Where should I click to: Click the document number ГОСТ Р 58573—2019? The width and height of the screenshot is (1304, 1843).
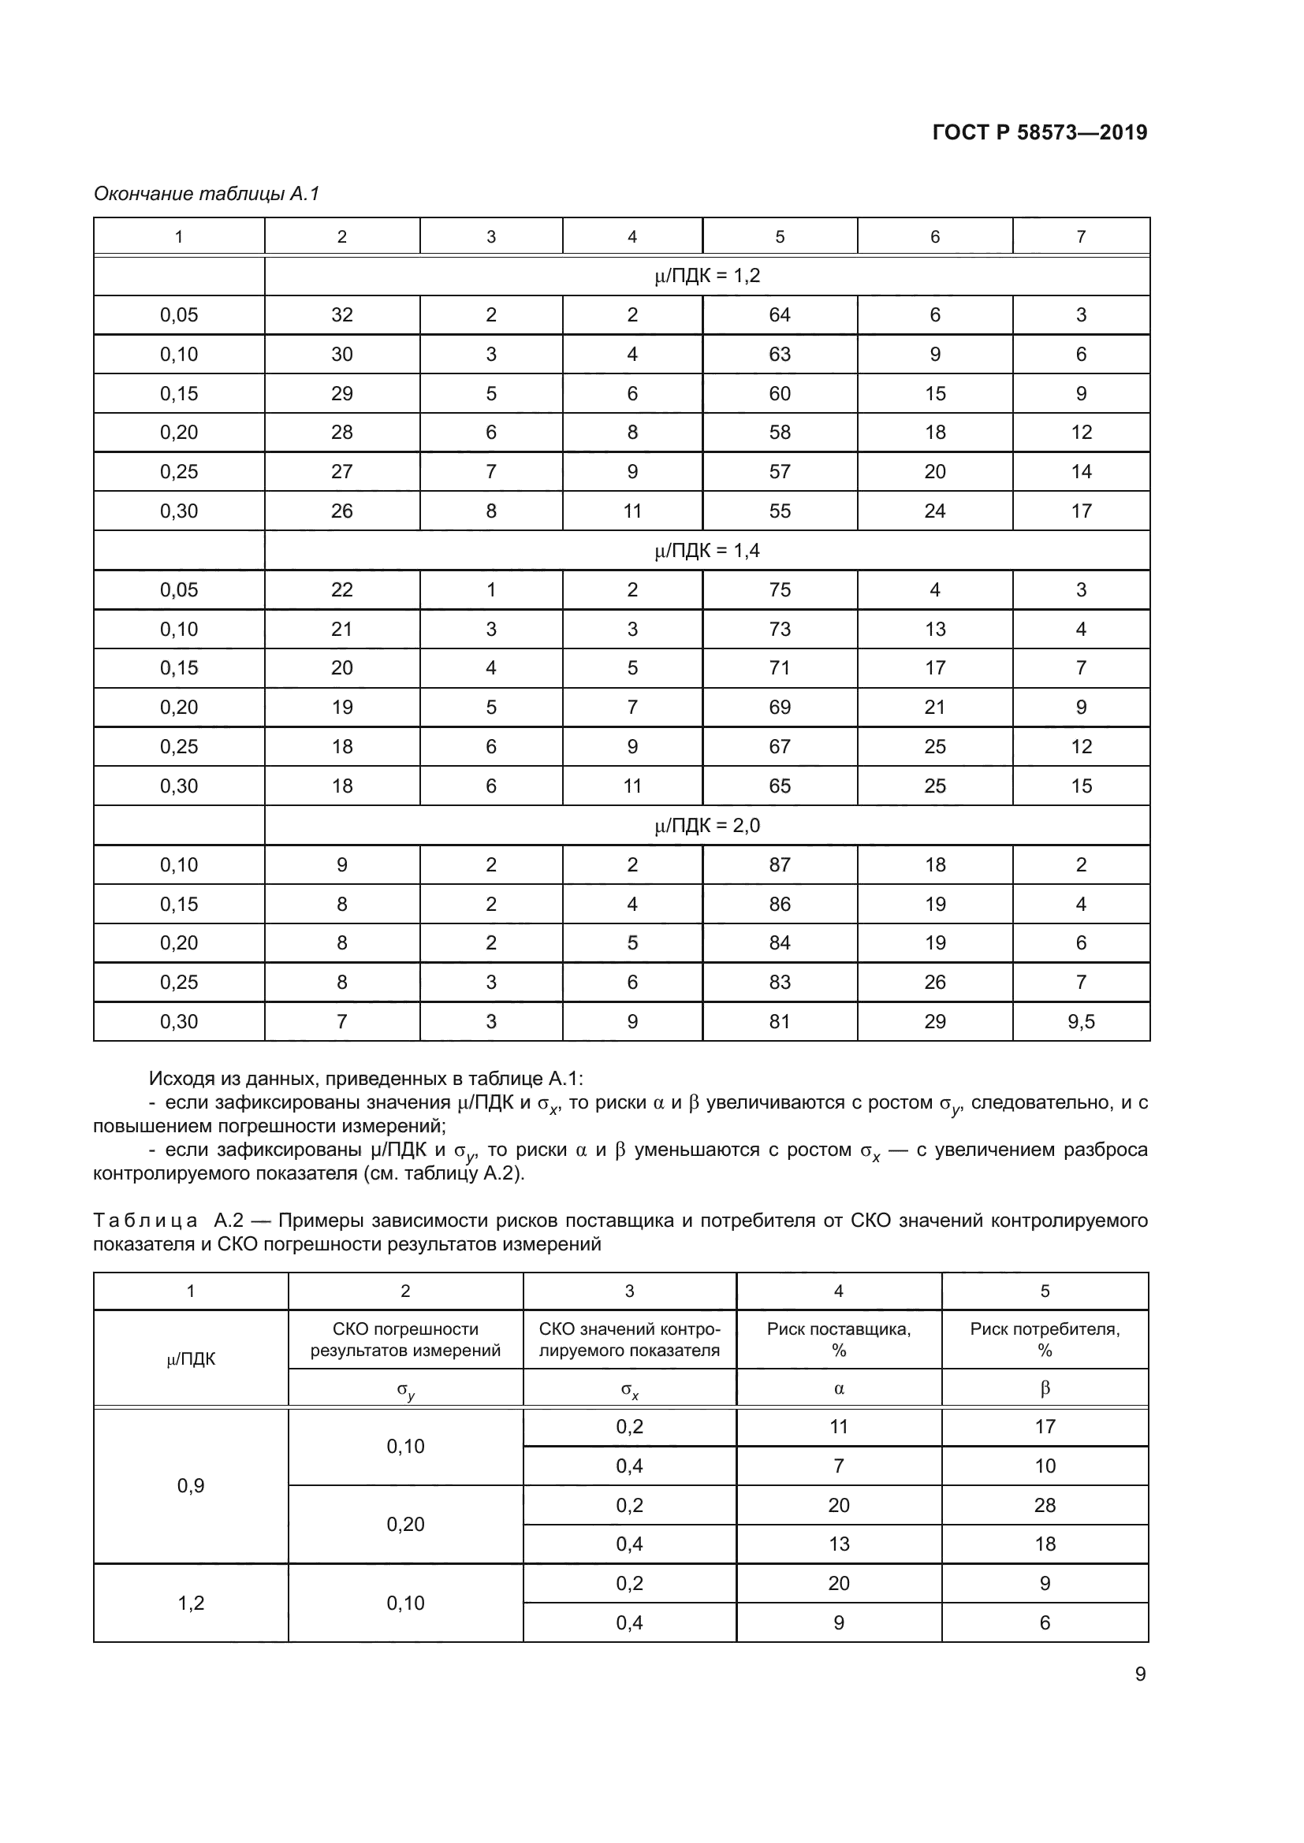1039,132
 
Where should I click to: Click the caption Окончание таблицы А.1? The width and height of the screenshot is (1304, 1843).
207,194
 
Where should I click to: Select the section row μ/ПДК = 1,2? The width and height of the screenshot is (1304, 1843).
706,276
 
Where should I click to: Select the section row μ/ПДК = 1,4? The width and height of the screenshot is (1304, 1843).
706,551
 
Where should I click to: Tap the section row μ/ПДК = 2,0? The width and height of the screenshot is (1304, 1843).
706,825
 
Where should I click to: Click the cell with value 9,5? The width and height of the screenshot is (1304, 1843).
1081,1022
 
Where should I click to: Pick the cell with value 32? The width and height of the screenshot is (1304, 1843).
342,314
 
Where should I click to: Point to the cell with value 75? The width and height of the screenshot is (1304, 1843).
779,590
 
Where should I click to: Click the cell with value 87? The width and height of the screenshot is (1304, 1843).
779,864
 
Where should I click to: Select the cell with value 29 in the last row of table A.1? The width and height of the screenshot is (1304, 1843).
935,1022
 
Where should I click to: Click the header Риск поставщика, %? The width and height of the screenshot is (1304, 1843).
838,1339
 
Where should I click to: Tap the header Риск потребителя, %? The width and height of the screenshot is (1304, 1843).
1045,1339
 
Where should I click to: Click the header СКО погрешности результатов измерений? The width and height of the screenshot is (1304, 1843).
404,1339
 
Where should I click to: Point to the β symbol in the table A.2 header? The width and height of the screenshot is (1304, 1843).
1045,1388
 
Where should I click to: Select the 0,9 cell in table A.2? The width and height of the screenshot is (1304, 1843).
190,1486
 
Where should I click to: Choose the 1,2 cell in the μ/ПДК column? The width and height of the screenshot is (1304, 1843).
190,1603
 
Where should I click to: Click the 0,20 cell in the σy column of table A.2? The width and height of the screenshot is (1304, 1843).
404,1525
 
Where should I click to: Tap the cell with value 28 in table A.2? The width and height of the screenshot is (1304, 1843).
1045,1505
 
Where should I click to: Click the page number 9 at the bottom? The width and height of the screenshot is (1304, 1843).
1139,1674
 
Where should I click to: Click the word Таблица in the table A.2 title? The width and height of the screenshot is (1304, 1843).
145,1221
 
